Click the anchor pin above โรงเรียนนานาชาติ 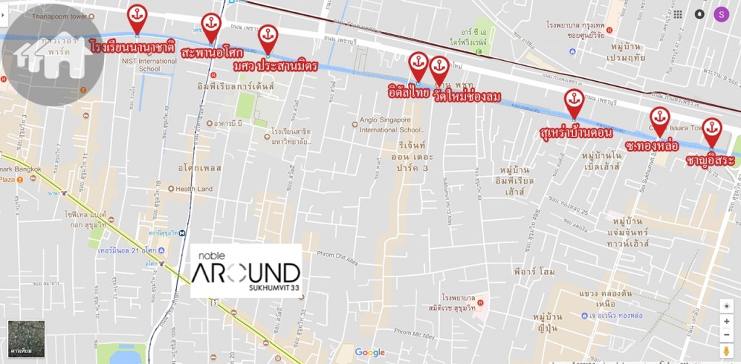(137, 16)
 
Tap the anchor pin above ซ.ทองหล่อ (659, 118)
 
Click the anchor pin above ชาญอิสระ (712, 129)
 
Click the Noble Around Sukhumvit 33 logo (246, 270)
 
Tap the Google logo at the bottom (370, 352)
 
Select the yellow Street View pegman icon (726, 351)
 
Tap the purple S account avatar (721, 14)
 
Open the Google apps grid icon (677, 14)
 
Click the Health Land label (194, 189)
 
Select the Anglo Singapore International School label (390, 125)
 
